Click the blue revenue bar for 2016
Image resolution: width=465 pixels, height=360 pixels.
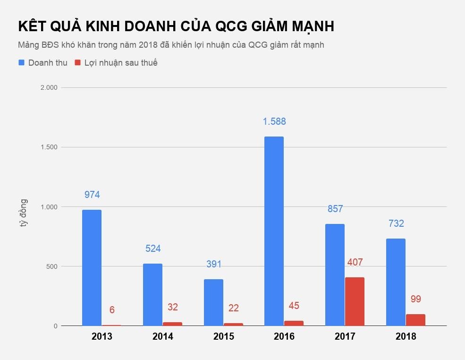click(x=274, y=231)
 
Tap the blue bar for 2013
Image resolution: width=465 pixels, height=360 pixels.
click(x=92, y=267)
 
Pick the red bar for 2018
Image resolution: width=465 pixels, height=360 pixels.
click(x=415, y=320)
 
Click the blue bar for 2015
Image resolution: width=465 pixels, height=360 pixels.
click(x=213, y=302)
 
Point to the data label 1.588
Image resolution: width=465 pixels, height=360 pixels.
click(x=274, y=121)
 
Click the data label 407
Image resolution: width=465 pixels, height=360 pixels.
click(x=355, y=262)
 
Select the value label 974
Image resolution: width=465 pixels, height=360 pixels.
click(x=92, y=195)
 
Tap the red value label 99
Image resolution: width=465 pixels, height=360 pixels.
click(x=415, y=299)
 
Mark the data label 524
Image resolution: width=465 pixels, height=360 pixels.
click(x=152, y=249)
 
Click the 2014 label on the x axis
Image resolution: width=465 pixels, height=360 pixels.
click(x=163, y=336)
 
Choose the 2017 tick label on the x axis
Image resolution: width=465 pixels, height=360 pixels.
click(x=345, y=336)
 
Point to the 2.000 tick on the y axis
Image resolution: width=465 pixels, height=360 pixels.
click(x=48, y=88)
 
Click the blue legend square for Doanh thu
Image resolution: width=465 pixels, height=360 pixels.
click(x=21, y=62)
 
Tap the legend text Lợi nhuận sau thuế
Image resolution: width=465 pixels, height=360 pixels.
click(x=121, y=63)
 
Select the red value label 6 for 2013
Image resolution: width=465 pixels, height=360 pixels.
click(x=112, y=310)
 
